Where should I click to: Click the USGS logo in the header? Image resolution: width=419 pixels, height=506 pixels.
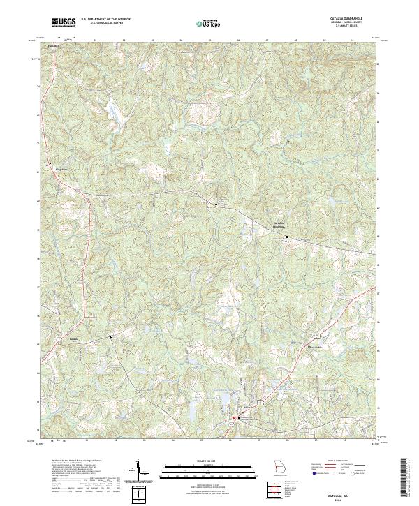click(64, 22)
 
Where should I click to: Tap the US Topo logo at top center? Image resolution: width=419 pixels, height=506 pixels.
click(210, 24)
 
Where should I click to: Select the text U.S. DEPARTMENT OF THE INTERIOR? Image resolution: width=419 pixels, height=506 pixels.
click(105, 20)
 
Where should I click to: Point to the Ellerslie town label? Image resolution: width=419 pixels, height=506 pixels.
click(230, 407)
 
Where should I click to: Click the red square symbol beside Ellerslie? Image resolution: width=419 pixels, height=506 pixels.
click(234, 419)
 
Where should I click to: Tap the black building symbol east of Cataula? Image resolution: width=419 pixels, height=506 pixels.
click(110, 338)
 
